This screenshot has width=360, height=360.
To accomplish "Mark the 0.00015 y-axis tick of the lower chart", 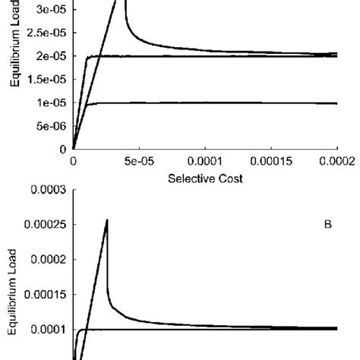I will pyautogui.click(x=43, y=294).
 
